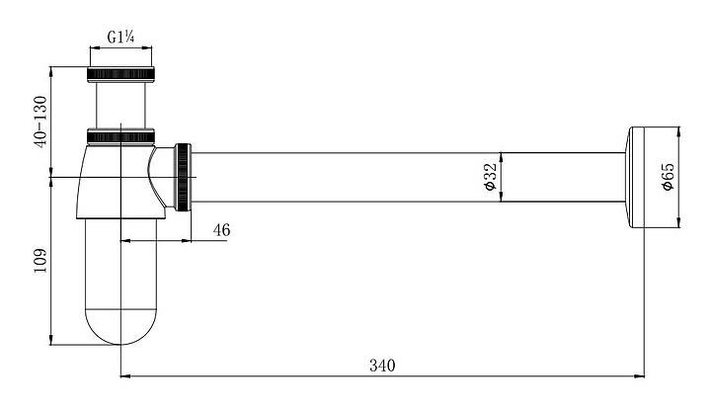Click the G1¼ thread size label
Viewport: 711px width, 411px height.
(120, 37)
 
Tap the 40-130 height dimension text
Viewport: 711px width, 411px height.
(40, 122)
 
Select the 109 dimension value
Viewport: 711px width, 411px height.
(40, 261)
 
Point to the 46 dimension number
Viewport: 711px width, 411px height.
(222, 230)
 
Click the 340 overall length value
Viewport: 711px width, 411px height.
(382, 366)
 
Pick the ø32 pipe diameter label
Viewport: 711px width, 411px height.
(491, 177)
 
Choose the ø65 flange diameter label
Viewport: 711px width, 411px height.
(668, 177)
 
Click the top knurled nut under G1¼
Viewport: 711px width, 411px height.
(120, 74)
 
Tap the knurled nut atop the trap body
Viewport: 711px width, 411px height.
(120, 136)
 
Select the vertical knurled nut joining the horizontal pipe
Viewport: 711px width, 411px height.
(184, 177)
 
